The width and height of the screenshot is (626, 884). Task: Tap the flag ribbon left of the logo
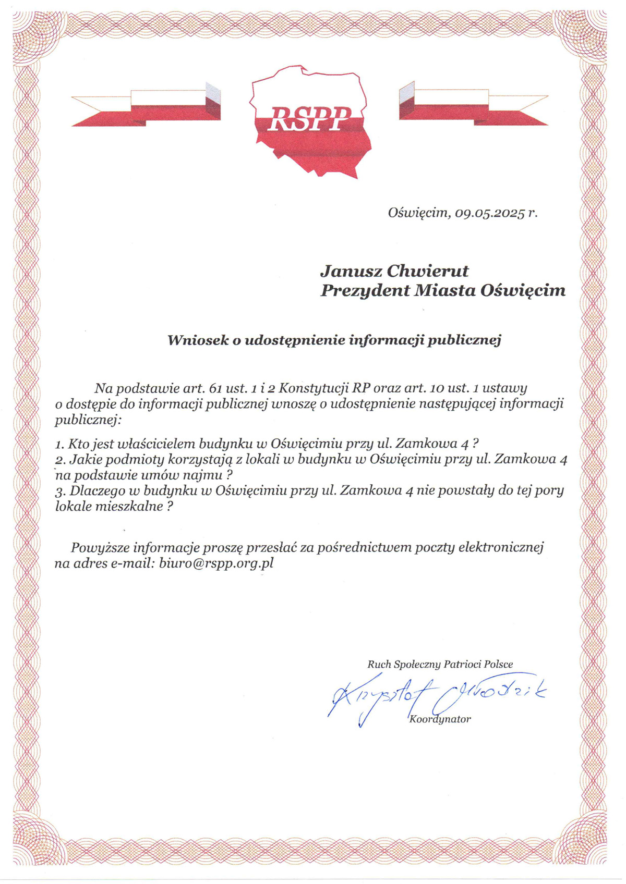tap(146, 107)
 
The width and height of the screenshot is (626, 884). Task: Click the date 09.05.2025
tap(489, 213)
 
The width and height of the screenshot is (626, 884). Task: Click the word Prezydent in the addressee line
tap(365, 290)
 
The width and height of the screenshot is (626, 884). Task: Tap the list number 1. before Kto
tap(59, 445)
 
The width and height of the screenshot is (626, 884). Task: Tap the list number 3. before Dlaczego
tap(60, 491)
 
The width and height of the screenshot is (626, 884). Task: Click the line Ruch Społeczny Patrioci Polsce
tap(440, 665)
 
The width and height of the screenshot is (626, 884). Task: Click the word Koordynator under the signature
tap(440, 719)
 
